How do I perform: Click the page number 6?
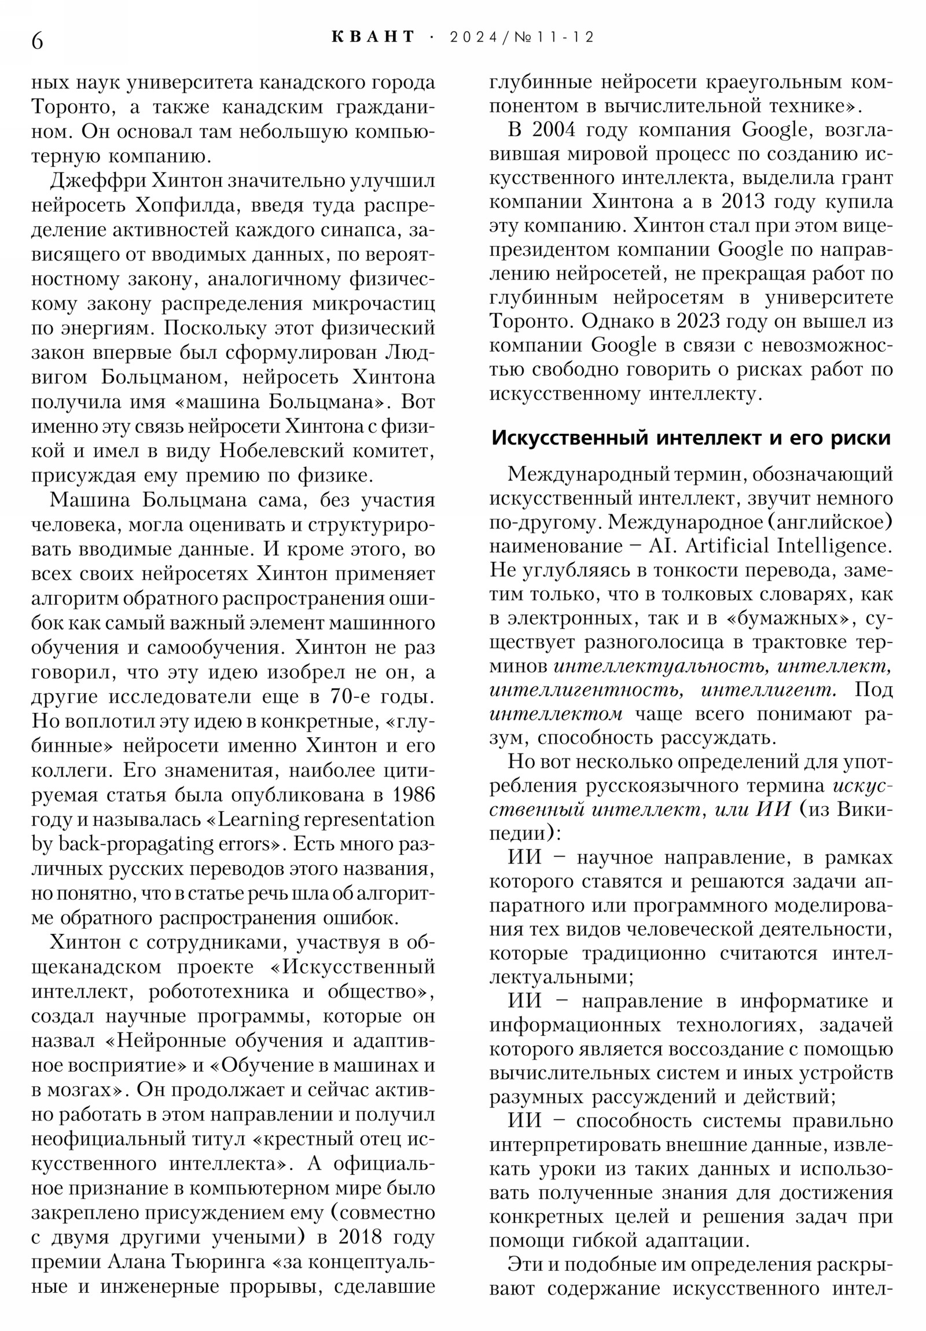point(37,41)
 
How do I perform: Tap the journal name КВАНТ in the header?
point(373,37)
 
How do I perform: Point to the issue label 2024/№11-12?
point(522,37)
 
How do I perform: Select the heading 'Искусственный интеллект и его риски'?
point(690,437)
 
